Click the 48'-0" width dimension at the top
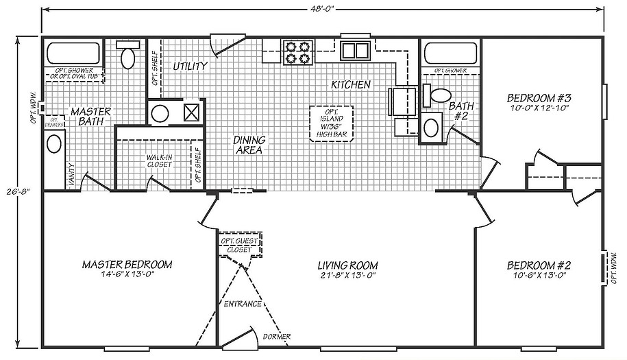[321, 10]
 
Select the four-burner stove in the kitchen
[298, 52]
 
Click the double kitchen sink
[355, 50]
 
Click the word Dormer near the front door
[276, 336]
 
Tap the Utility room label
[190, 67]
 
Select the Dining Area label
[250, 145]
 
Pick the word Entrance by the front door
[243, 303]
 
